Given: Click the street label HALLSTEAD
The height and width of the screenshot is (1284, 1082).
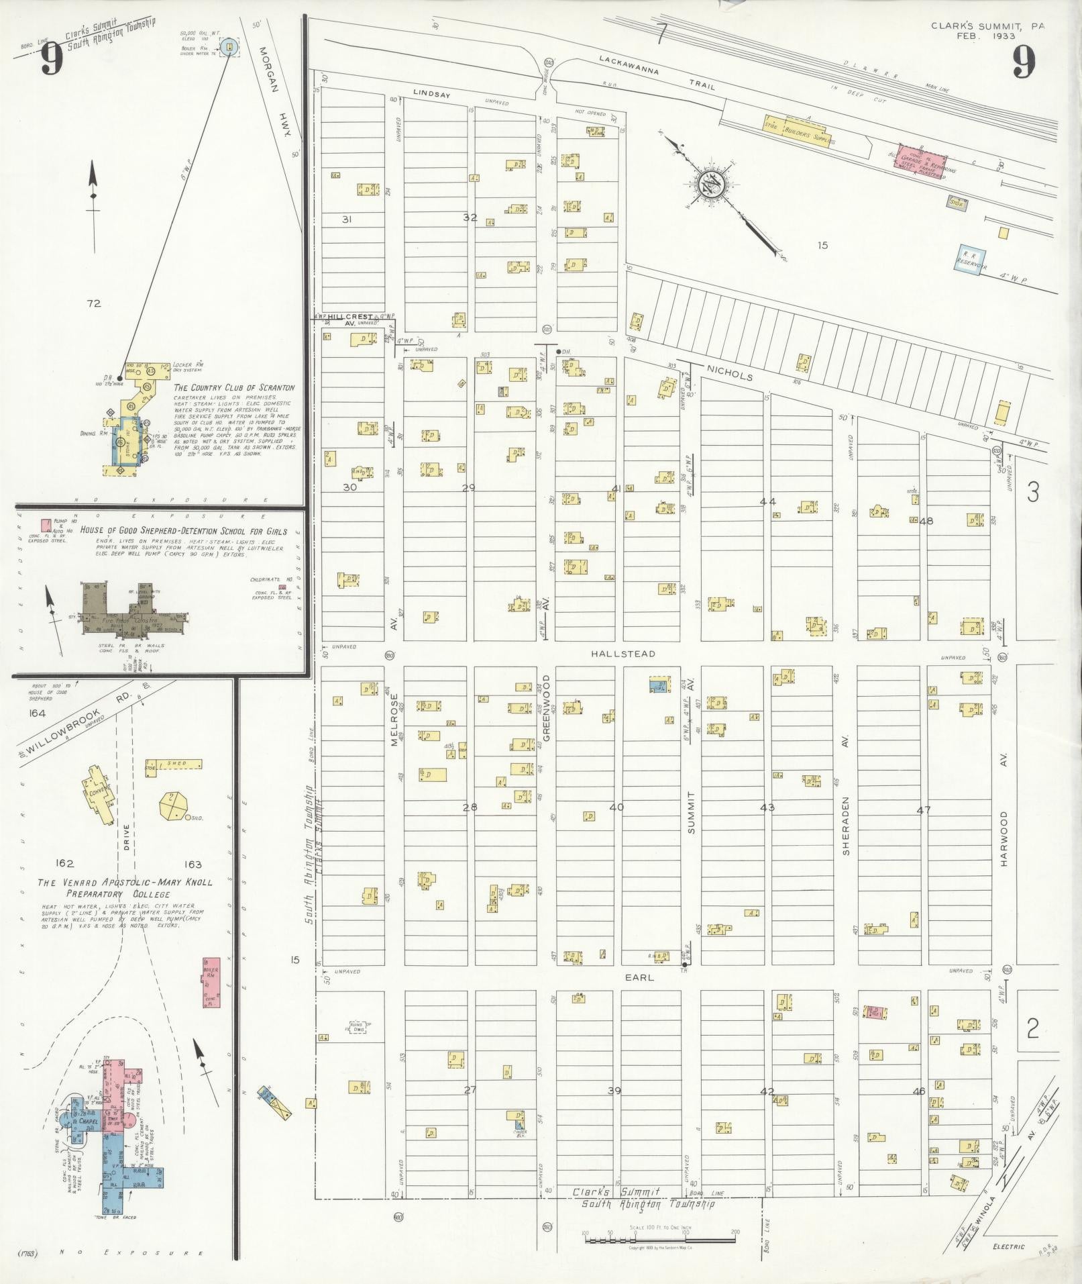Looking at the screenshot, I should (623, 654).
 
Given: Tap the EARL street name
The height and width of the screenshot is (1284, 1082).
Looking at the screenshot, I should (640, 978).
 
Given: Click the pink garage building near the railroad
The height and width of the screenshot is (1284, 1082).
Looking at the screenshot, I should (923, 161).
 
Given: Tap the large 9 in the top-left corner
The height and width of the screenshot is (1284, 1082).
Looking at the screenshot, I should (51, 62).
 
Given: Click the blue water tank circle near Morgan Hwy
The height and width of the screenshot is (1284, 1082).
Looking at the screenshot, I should (229, 47).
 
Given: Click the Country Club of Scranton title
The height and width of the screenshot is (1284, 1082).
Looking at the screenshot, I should (233, 388).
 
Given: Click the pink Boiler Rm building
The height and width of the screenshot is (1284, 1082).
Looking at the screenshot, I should (211, 983).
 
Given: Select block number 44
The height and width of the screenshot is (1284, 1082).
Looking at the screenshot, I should (767, 501).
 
